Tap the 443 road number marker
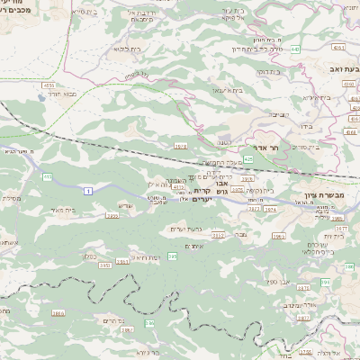pos(295,49)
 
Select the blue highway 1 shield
pos(88,191)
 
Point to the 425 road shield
pos(247,158)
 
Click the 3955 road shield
pos(112,216)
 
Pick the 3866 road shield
pos(58,313)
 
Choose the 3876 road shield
pos(302,287)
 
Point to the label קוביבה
pos(280,114)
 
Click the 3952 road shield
pos(103,265)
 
